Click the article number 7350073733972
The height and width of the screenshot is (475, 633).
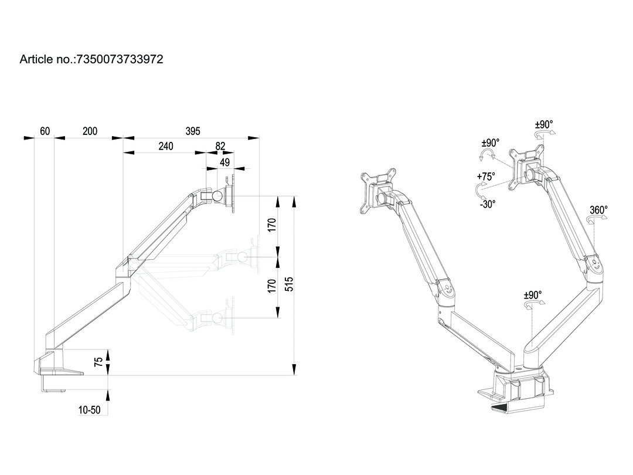pos(120,59)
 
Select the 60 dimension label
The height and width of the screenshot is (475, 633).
pos(45,131)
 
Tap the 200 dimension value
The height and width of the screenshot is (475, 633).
pos(90,131)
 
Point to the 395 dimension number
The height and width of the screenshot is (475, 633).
pos(193,131)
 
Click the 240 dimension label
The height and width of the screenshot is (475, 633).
pos(165,146)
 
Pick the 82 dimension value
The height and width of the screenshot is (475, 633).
pos(220,146)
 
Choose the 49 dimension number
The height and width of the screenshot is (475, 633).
pos(225,162)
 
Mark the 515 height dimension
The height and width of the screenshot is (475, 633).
pos(289,284)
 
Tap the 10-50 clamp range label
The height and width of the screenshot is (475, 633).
pos(89,410)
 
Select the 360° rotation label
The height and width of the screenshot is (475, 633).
pos(598,210)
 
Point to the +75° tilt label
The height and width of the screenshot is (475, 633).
pos(486,177)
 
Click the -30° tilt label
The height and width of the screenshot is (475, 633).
pos(488,204)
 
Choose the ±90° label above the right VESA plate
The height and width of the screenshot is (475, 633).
pos(544,124)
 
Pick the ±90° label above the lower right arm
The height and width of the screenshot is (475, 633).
pos(533,295)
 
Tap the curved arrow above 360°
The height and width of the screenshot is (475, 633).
pos(597,219)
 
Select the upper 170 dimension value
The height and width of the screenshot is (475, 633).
pos(273,225)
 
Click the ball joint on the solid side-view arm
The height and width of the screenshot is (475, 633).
pos(217,196)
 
